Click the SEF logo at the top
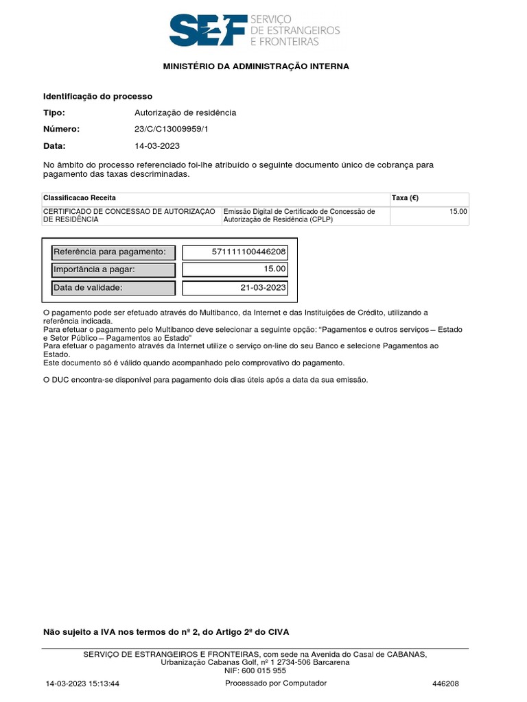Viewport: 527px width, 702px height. coord(255,31)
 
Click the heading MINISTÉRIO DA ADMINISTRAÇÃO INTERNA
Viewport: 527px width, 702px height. coord(256,66)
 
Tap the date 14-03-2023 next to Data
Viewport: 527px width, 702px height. coord(158,146)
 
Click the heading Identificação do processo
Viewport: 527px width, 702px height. coord(97,97)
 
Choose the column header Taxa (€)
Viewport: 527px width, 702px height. coord(405,198)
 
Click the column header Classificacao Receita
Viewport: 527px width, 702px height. coord(80,198)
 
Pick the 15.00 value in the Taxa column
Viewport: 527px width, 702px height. coord(458,212)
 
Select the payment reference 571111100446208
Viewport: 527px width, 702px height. coord(249,252)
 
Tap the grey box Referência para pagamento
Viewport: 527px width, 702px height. coord(113,252)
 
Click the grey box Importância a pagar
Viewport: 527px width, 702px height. coord(113,269)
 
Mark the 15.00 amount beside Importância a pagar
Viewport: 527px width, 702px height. coord(274,269)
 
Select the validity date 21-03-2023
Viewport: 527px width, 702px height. coord(263,288)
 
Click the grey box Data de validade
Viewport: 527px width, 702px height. coord(113,288)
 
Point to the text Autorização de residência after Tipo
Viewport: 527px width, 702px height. coord(185,113)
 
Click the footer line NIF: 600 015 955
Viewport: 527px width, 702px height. coord(255,671)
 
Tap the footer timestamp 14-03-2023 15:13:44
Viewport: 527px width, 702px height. coord(83,684)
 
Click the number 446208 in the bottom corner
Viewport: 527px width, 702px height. coord(445,684)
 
